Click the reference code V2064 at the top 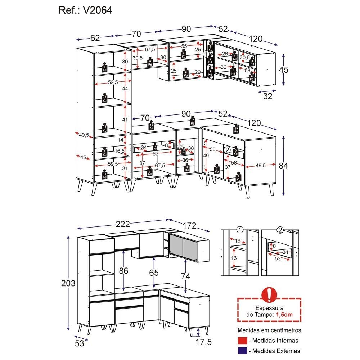98,10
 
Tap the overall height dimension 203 68,283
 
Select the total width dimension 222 123,224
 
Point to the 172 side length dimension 189,226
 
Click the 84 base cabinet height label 284,166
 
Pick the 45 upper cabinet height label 284,69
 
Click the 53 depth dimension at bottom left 80,343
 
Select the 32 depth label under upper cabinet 267,96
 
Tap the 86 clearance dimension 124,270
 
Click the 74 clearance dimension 185,276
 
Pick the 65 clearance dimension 154,273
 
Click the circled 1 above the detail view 240,230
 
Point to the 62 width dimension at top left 95,38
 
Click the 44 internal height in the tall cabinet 125,89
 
